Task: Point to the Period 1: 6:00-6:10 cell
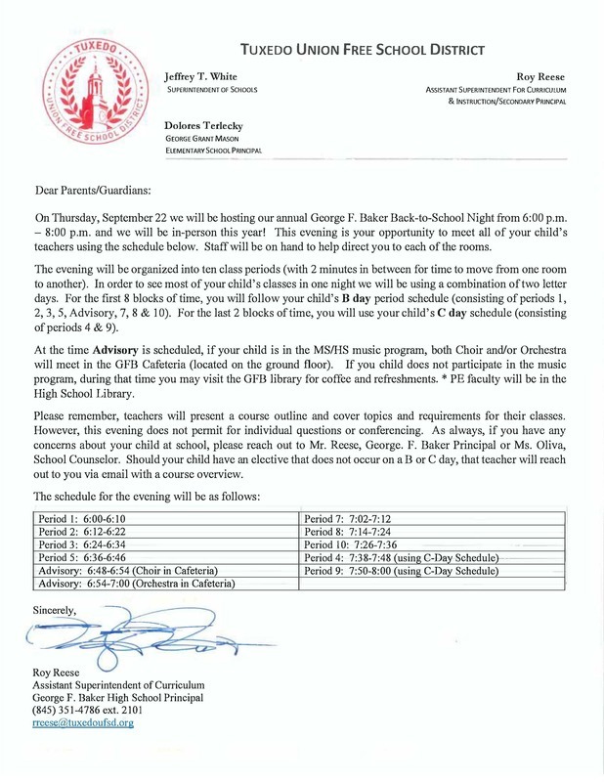(x=82, y=519)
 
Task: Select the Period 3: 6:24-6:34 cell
(x=82, y=544)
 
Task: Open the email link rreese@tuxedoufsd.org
(x=83, y=723)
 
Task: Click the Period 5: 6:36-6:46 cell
(x=82, y=557)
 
